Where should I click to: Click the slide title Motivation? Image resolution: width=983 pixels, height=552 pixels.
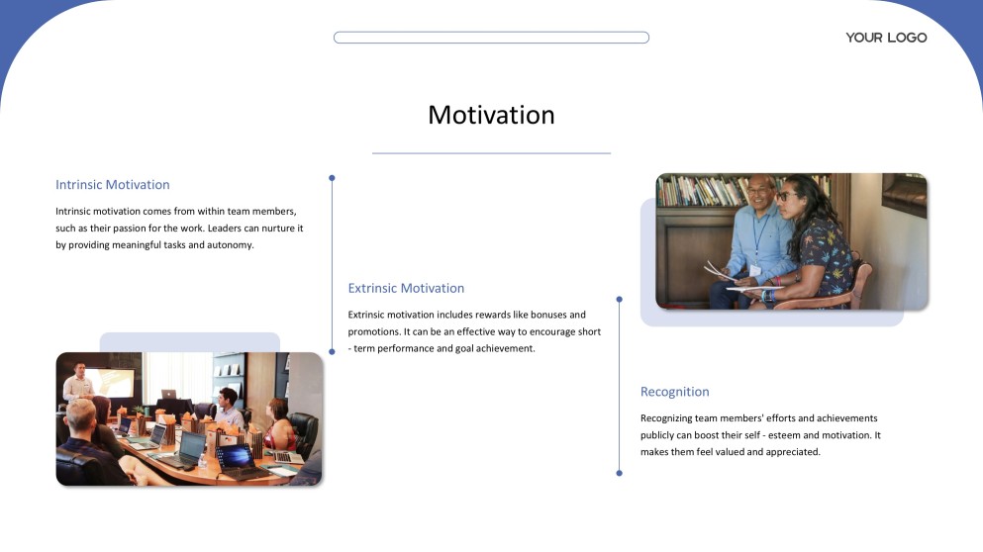(491, 116)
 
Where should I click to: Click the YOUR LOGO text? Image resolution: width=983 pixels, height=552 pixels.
(886, 38)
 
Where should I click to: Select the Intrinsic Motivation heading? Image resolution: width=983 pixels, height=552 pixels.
(113, 185)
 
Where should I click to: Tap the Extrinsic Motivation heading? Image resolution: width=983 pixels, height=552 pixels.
(406, 288)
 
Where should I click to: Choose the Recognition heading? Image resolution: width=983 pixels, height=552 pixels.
(674, 392)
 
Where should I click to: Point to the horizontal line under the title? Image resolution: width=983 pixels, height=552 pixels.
(491, 153)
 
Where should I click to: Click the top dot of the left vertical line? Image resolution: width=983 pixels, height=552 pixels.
(333, 179)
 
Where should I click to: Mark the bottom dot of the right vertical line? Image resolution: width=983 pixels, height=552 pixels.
(620, 473)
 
